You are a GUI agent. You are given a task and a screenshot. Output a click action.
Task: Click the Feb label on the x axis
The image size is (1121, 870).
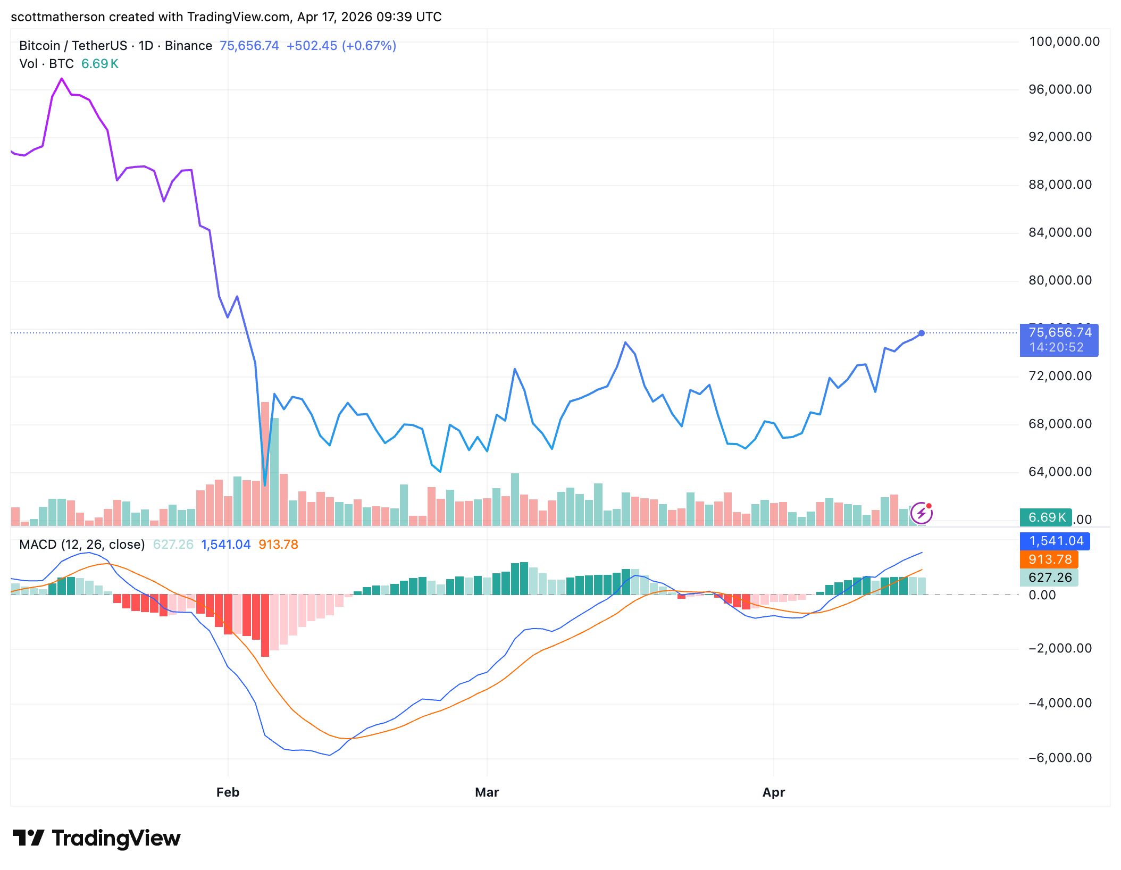[228, 792]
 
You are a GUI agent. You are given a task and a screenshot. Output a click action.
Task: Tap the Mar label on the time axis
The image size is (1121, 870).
[487, 792]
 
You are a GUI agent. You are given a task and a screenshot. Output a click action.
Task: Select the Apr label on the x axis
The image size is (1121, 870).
[773, 792]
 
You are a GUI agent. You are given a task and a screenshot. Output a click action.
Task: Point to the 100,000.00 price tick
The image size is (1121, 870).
[1064, 41]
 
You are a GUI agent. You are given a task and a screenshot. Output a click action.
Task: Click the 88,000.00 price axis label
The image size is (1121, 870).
[1060, 185]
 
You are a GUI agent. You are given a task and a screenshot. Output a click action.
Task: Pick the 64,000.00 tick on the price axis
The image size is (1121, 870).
[1060, 472]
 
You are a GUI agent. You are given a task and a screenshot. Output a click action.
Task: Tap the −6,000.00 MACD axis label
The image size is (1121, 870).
[1060, 758]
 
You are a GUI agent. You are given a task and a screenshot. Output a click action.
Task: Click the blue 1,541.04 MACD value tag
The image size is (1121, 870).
[1055, 541]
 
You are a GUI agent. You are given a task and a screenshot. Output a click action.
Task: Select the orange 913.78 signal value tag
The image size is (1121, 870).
[1049, 559]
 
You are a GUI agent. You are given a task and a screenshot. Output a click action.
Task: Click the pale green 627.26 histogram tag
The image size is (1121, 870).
[1049, 578]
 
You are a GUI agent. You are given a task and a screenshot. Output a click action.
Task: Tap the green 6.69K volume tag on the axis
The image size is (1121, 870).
[1046, 517]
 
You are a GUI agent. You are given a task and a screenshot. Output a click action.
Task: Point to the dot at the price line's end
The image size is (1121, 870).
[922, 333]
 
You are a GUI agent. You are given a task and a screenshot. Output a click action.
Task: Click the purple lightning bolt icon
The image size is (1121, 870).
[921, 514]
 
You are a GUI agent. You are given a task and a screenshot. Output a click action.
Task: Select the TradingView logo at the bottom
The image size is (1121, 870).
[97, 838]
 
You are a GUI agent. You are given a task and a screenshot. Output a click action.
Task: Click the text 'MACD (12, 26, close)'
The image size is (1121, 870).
[82, 545]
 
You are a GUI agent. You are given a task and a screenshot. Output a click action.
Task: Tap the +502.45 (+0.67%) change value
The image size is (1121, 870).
[341, 46]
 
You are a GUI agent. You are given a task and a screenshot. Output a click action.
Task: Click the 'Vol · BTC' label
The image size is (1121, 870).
[46, 64]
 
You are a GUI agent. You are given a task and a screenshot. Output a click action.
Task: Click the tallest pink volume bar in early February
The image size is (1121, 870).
[265, 463]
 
